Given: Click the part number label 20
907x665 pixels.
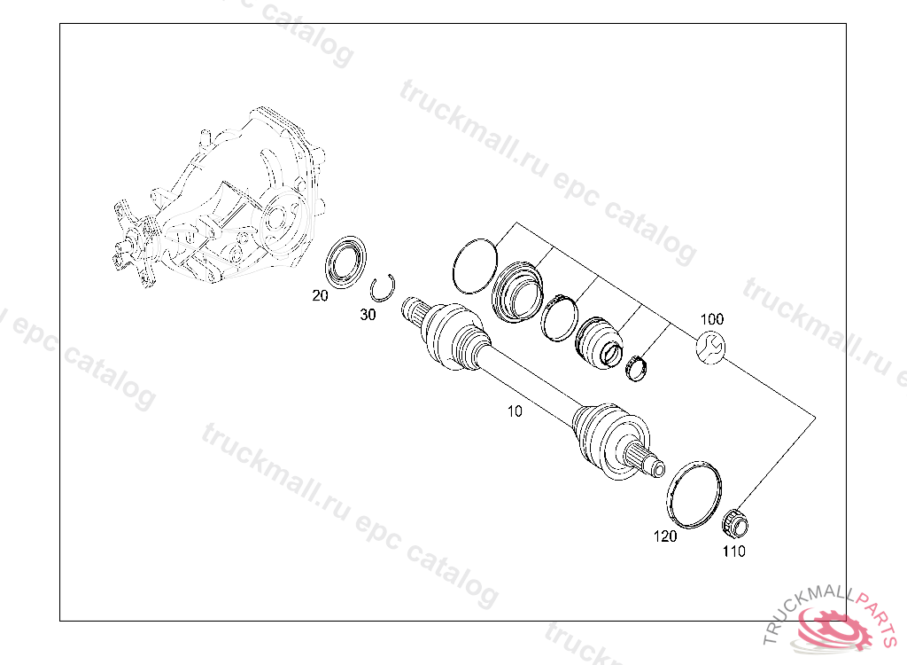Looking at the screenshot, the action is click(x=320, y=296).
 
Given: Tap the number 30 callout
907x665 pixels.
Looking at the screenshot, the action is click(x=368, y=315).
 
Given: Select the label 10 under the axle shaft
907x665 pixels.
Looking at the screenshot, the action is click(x=515, y=411).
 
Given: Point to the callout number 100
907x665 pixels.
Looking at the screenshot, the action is click(x=712, y=319).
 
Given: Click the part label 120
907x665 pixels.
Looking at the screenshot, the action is click(x=665, y=536).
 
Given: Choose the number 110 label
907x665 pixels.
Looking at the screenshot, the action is click(x=733, y=552).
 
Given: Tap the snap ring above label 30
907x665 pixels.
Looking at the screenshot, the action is click(x=384, y=287).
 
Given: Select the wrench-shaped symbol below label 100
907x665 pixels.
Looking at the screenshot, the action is click(x=711, y=347).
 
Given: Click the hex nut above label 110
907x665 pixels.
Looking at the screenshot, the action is click(x=735, y=523).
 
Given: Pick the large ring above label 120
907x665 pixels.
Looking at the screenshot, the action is click(x=694, y=495).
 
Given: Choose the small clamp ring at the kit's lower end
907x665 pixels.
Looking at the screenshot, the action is click(x=635, y=366).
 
